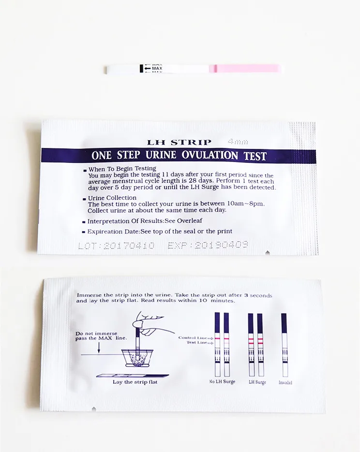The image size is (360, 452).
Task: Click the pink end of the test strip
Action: [246, 69]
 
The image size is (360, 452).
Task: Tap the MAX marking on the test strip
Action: [157, 69]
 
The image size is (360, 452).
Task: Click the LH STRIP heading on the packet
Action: [179, 142]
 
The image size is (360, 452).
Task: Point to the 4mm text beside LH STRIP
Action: [238, 142]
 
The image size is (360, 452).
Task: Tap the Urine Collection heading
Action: [112, 198]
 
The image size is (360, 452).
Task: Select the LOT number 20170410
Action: [116, 246]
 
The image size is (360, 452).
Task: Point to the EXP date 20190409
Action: [208, 245]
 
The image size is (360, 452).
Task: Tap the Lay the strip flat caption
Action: [131, 382]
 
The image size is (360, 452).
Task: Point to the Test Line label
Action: [196, 343]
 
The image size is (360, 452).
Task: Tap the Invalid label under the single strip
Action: [285, 382]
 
